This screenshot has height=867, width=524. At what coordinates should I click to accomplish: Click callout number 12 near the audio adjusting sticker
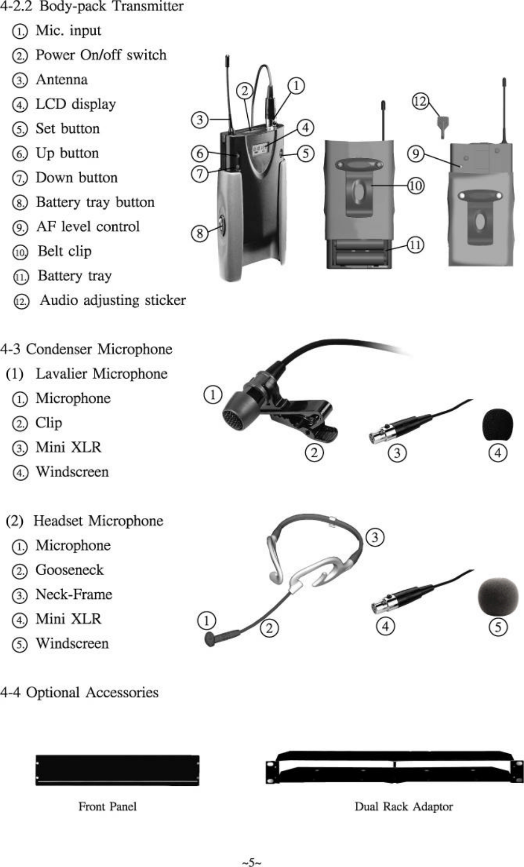[x=420, y=101]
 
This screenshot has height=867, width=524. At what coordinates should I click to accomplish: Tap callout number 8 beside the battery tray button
[x=200, y=233]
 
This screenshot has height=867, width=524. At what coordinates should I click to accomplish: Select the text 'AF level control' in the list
[x=87, y=227]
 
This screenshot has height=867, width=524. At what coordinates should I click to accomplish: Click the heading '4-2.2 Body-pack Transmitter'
[x=92, y=7]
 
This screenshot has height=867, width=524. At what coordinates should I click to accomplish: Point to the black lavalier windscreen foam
[x=498, y=424]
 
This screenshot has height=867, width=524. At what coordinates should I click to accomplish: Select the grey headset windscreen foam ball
[x=498, y=597]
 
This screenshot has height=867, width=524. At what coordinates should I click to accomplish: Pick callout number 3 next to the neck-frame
[x=375, y=537]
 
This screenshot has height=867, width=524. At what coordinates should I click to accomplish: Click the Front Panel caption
[x=108, y=806]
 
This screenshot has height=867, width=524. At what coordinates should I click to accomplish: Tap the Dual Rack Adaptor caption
[x=403, y=806]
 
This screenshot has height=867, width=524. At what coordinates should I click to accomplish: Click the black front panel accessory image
[x=117, y=770]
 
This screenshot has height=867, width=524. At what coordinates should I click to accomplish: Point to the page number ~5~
[x=251, y=862]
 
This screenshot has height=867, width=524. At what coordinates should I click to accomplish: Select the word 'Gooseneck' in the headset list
[x=70, y=570]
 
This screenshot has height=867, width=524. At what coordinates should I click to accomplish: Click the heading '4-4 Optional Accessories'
[x=80, y=693]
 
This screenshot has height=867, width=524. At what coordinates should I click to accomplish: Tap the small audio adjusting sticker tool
[x=443, y=126]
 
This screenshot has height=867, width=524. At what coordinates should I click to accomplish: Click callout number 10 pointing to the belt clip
[x=415, y=186]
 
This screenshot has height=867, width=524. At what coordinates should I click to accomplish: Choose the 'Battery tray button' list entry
[x=95, y=202]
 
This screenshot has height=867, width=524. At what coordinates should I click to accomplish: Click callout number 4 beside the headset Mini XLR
[x=385, y=626]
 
